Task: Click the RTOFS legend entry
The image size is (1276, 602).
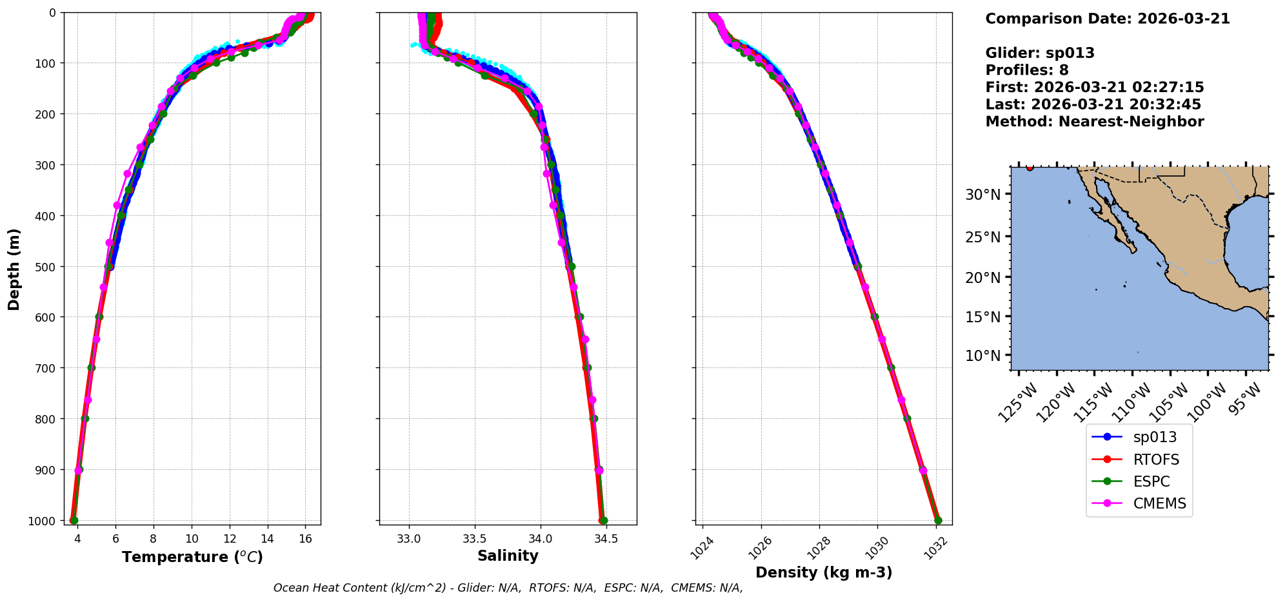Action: point(1155,460)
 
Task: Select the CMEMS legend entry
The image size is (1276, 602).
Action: point(1159,503)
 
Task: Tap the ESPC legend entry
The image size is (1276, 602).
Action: point(1151,481)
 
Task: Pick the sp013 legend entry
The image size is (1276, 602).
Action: point(1155,437)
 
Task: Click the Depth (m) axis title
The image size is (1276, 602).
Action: point(14,269)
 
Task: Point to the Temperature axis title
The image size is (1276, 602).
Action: point(192,557)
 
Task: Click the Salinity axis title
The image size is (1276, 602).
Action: point(508,556)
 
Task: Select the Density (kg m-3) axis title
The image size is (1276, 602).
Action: point(824,572)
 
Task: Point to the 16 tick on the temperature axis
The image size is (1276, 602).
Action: point(306,539)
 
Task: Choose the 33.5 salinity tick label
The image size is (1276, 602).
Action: point(474,539)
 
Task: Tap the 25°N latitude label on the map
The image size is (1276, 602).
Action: point(983,237)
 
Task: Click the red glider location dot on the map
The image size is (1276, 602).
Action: point(1030,168)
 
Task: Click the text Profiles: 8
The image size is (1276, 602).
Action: point(1026,70)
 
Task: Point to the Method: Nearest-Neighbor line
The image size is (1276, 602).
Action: point(1094,121)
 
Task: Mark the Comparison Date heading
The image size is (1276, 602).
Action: point(1107,19)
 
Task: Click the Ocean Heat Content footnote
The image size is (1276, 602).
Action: point(508,588)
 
